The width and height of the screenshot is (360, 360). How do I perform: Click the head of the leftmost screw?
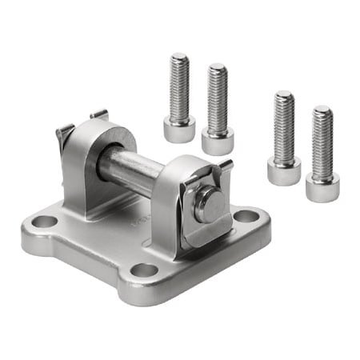(179, 128)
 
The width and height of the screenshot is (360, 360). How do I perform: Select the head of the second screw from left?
(218, 141)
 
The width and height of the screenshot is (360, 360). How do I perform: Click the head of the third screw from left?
(284, 170)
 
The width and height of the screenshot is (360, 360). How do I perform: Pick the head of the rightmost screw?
(322, 187)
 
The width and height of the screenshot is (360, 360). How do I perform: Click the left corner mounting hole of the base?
(46, 222)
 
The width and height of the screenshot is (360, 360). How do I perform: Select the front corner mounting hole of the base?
(145, 270)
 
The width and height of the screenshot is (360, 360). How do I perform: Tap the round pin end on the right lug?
(210, 204)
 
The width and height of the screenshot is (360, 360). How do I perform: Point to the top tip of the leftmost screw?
(179, 56)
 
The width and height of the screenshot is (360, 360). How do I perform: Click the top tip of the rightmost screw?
(322, 109)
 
